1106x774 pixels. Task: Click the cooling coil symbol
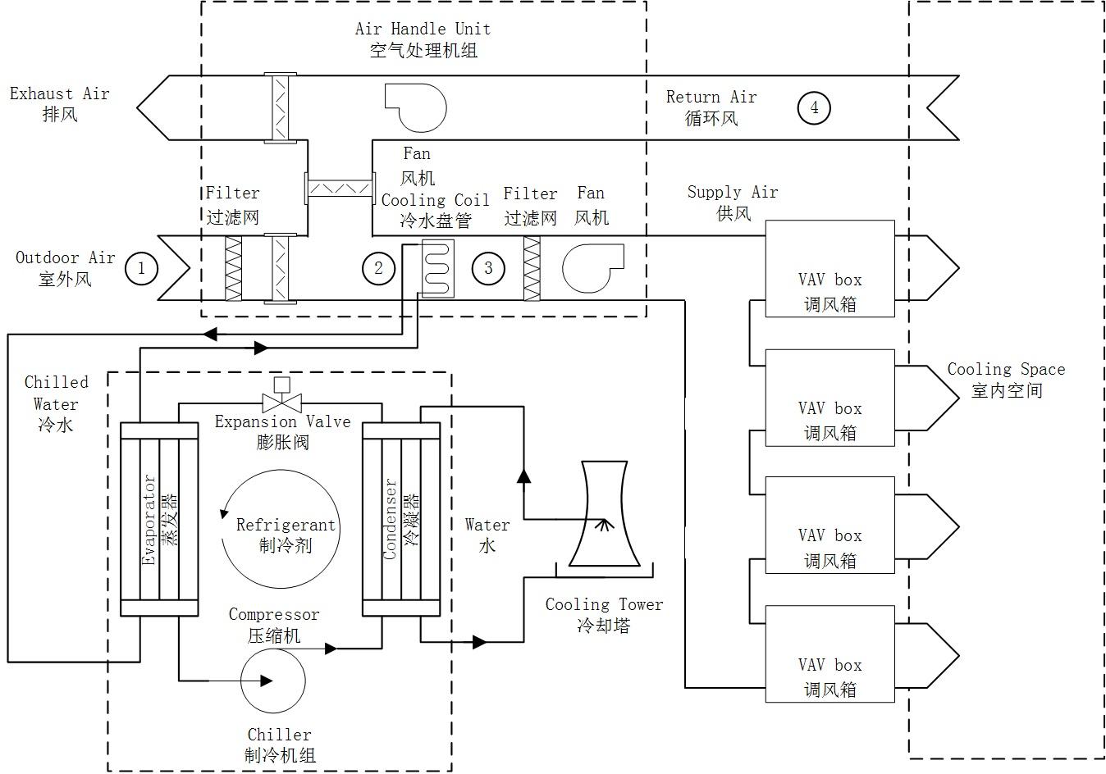(x=437, y=268)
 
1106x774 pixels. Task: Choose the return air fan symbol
(x=416, y=107)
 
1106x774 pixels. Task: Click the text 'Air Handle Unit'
(x=423, y=29)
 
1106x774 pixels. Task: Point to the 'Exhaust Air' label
(x=59, y=93)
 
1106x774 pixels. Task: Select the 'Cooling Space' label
(x=1006, y=369)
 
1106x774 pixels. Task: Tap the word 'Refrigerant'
(x=286, y=525)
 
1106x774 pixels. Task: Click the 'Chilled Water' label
(x=56, y=394)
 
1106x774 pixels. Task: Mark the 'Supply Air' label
(x=733, y=192)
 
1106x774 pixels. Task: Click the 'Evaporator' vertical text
(x=149, y=520)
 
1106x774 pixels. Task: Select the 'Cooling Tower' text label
(x=604, y=603)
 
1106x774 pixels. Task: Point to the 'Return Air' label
(x=711, y=97)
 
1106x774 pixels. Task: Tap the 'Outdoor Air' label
(x=65, y=257)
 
